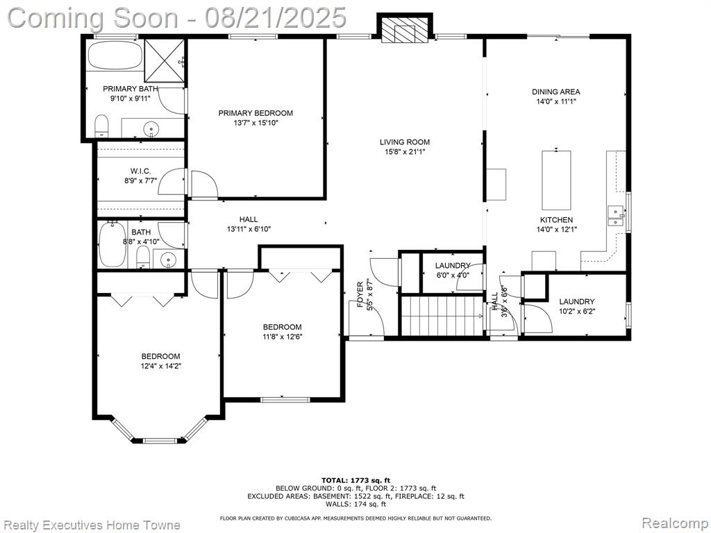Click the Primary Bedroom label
pos(256,113)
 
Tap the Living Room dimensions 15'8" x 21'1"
pos(405,152)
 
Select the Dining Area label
pos(556,92)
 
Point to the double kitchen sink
pos(615,216)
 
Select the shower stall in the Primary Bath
pos(165,61)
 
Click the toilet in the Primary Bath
pos(101,126)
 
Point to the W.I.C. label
pos(140,171)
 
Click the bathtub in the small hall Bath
pos(112,244)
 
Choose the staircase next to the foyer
pos(441,316)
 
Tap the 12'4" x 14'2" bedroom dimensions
pos(160,366)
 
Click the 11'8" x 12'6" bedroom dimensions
pos(282,337)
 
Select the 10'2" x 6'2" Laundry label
pos(576,301)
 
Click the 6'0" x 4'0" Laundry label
pos(453,266)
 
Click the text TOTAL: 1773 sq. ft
pos(355,480)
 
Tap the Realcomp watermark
pos(675,523)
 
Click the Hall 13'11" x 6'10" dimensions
pos(249,229)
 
